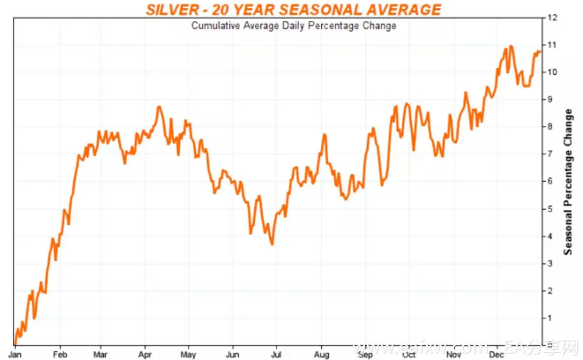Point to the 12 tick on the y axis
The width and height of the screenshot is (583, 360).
pos(552,17)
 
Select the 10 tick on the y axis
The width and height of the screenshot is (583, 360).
pos(552,71)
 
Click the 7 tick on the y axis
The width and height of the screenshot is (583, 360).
pos(550,154)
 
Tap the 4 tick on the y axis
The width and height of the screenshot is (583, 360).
pos(550,236)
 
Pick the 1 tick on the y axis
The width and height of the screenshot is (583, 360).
pos(550,318)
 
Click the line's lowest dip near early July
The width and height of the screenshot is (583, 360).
pos(272,244)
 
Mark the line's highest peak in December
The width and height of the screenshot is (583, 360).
pos(511,46)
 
